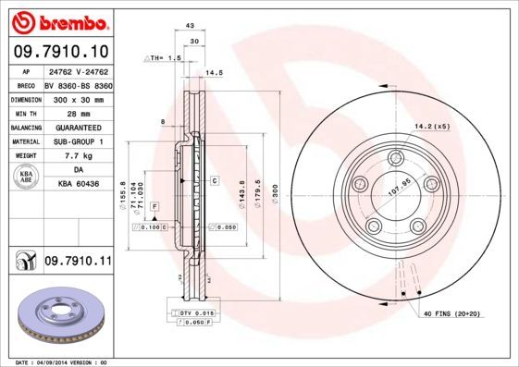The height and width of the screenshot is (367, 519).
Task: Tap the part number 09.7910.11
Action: click(77, 263)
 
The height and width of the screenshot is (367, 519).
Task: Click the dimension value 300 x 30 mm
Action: click(77, 97)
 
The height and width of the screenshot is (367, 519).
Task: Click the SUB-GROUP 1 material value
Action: click(77, 141)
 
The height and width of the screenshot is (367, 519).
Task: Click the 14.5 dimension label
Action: click(215, 72)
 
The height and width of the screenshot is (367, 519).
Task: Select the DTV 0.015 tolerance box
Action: click(197, 313)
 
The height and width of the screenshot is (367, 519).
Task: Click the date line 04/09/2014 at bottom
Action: click(61, 361)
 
